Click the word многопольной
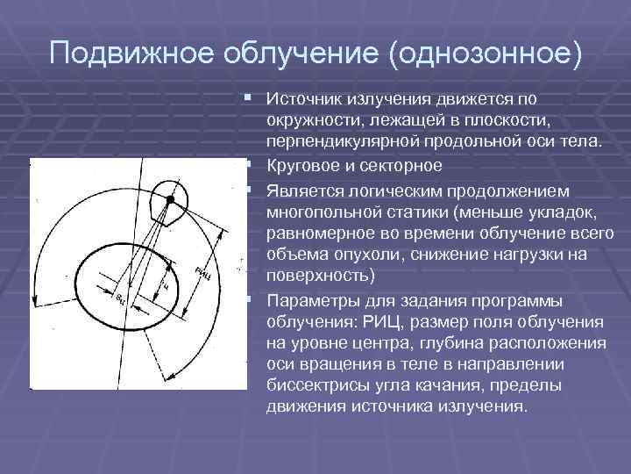(x=323, y=212)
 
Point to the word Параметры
(x=313, y=298)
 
